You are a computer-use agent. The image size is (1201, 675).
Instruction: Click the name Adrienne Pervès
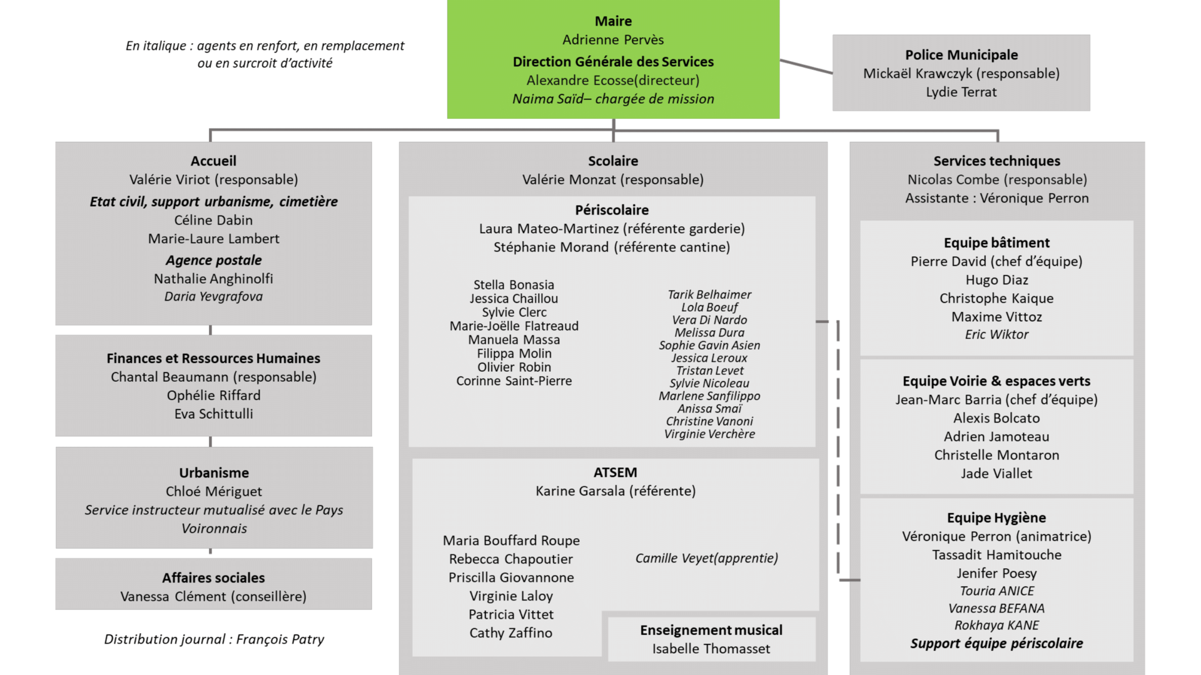[613, 40]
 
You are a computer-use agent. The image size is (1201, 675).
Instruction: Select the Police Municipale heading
[961, 55]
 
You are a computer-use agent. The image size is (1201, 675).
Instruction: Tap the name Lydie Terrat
[961, 92]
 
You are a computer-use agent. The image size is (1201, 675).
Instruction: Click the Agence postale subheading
[214, 260]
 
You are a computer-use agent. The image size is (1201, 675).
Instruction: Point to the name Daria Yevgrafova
[213, 296]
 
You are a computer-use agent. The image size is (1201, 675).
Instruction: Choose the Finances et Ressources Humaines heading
[213, 358]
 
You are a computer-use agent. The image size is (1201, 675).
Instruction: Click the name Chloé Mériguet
[214, 491]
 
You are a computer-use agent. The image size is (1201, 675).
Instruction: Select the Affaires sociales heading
[213, 577]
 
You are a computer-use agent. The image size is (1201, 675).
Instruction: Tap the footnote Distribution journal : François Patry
[214, 639]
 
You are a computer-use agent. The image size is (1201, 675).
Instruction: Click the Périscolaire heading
[612, 210]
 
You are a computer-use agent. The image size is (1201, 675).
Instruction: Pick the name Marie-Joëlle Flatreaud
[514, 326]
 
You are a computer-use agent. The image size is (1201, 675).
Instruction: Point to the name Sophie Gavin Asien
[709, 345]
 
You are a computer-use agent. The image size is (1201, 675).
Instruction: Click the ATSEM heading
[616, 472]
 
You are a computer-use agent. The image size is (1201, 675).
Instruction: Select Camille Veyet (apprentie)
[707, 558]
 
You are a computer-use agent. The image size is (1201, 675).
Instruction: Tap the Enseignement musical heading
[711, 630]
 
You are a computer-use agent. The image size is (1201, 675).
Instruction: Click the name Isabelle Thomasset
[711, 649]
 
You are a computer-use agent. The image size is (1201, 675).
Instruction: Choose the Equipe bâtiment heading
[996, 242]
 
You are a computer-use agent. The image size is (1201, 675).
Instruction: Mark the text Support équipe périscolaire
[996, 643]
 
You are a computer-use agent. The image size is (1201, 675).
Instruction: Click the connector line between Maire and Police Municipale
[806, 67]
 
